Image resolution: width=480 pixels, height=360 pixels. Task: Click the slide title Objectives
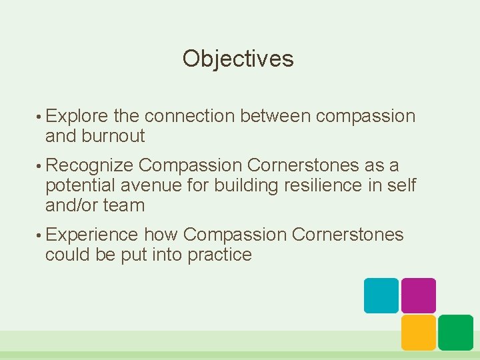coord(238,59)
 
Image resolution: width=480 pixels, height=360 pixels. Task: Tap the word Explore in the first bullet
coord(77,116)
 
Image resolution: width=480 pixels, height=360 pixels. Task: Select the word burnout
coord(113,136)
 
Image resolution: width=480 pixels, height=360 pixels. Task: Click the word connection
coord(189,116)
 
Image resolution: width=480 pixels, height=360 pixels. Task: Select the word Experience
coord(92,235)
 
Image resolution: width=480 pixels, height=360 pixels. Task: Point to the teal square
coord(381,295)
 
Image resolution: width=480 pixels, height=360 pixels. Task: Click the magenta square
coord(419,295)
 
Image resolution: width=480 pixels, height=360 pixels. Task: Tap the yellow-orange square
coord(419,333)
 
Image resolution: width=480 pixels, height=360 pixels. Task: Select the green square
coord(456,333)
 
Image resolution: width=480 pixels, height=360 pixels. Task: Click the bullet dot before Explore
coord(40,117)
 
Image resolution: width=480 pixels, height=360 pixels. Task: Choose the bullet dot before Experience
coord(40,235)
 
